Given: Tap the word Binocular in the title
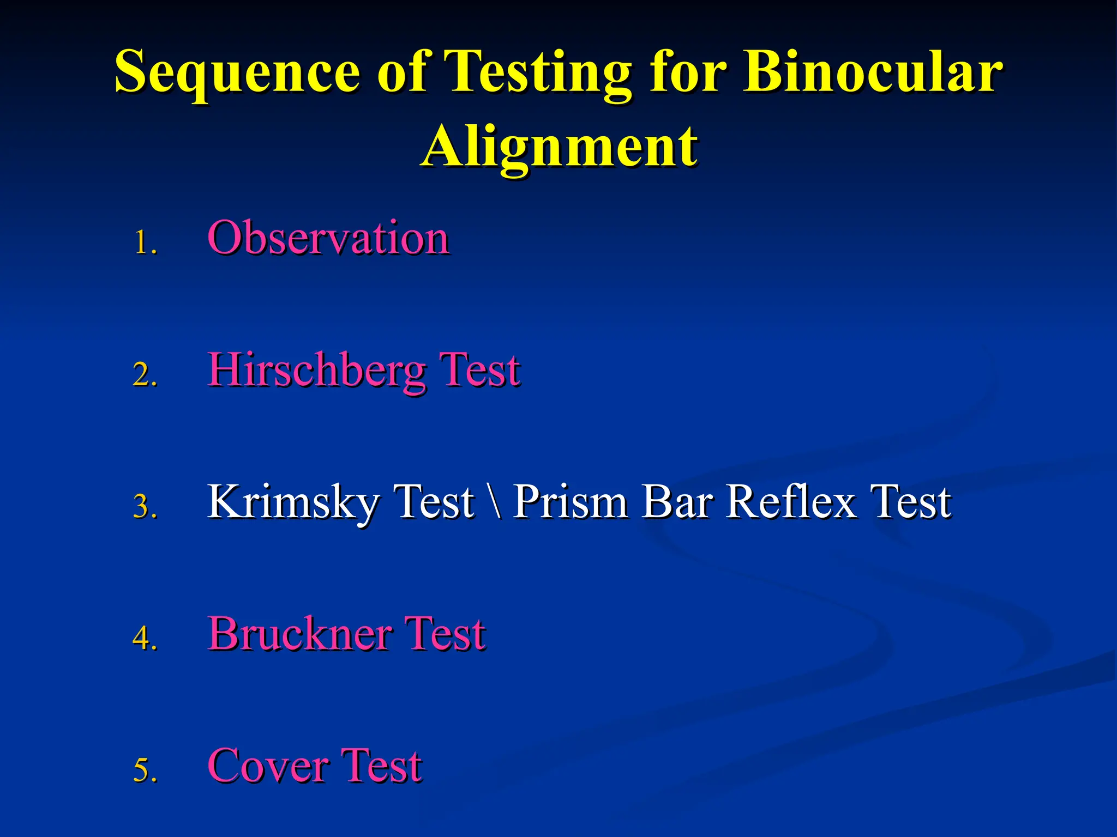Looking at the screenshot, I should [x=873, y=72].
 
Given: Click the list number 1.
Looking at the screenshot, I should [x=145, y=243].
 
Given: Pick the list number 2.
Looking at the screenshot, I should [x=145, y=375].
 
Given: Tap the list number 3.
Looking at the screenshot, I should [x=145, y=507].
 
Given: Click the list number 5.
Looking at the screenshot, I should [x=145, y=770].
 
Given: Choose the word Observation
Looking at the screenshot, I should [x=328, y=238].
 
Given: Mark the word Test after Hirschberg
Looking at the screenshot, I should [x=480, y=371].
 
